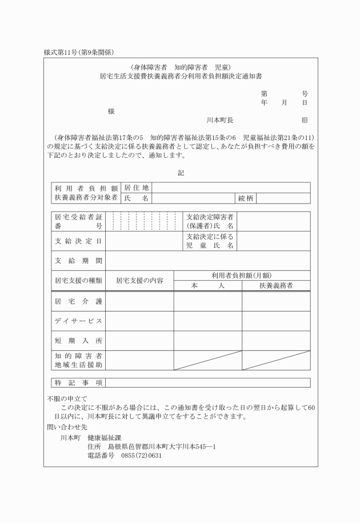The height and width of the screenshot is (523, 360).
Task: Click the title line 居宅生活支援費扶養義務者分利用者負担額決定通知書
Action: click(x=181, y=75)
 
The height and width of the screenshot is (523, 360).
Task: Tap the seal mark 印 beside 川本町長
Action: click(x=304, y=121)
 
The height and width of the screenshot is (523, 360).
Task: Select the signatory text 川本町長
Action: click(x=220, y=121)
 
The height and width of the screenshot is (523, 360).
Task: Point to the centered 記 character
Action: click(x=181, y=173)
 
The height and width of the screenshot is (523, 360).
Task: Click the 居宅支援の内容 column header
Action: click(x=140, y=281)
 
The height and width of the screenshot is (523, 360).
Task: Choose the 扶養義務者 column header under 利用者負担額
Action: click(x=276, y=285)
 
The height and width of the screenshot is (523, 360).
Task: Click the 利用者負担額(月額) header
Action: click(x=242, y=276)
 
